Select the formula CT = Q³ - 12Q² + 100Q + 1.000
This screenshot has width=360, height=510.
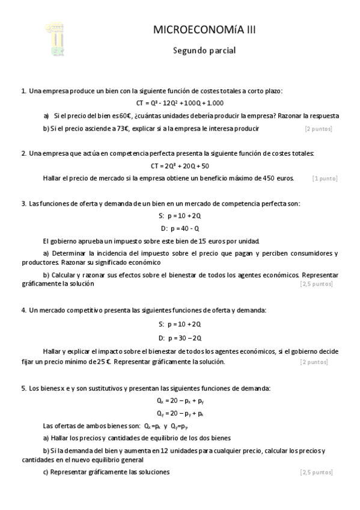(x=180, y=103)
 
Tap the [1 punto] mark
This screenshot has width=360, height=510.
(x=325, y=179)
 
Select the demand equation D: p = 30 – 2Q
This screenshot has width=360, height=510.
(x=180, y=338)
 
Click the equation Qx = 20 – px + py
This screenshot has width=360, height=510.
(x=180, y=401)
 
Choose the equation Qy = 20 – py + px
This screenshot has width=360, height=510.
(x=180, y=413)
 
